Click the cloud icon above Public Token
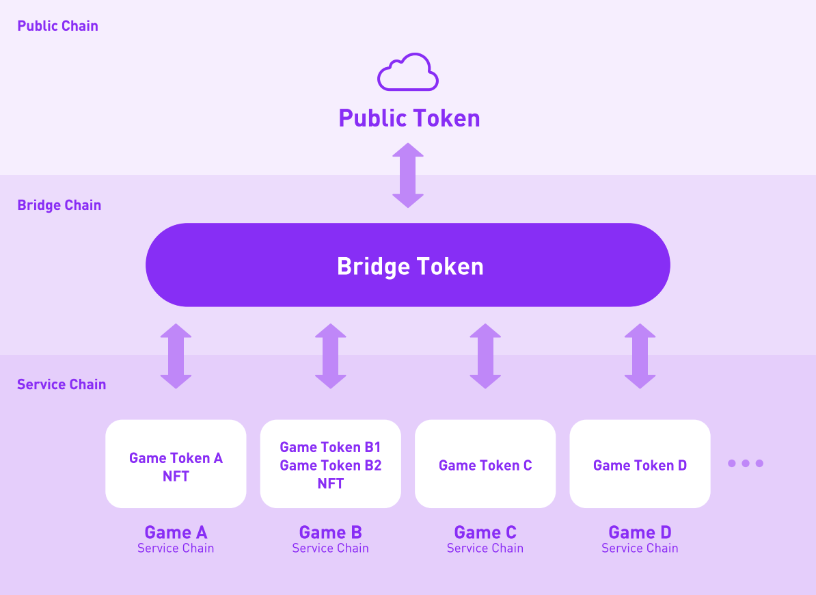408,72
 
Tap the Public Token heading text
409,118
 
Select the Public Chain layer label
58,26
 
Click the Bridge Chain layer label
59,205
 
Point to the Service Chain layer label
62,384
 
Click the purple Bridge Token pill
408,265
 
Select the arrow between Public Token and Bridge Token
408,175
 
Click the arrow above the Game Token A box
176,356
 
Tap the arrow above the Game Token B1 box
331,356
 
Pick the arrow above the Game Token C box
485,356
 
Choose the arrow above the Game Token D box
640,356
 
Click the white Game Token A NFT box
176,464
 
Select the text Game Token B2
331,466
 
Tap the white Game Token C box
485,464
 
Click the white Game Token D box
640,464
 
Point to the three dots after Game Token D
745,464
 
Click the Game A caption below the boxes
176,533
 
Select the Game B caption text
331,533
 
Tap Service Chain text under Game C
485,548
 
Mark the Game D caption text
640,533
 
